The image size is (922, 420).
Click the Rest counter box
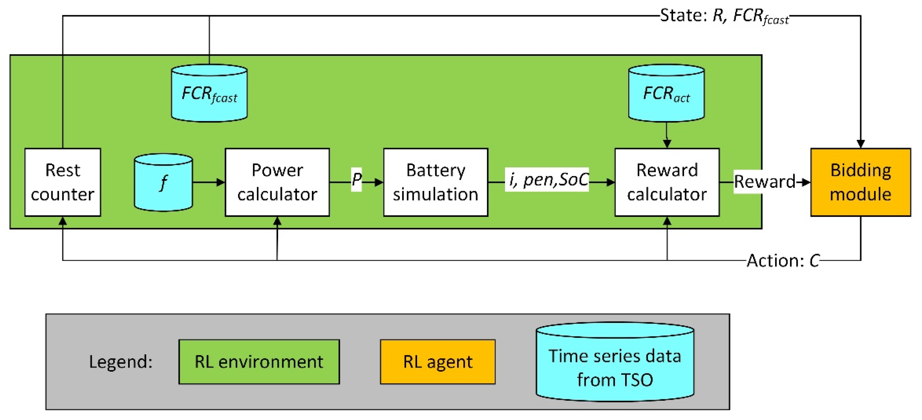(x=63, y=182)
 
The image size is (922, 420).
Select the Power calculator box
(x=277, y=182)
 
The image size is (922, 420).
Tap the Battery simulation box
(x=435, y=182)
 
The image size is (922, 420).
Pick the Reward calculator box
(x=667, y=182)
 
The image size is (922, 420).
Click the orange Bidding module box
(x=860, y=182)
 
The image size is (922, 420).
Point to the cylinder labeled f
(x=163, y=182)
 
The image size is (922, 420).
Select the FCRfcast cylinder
(x=209, y=94)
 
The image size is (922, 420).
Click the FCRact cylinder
(x=666, y=94)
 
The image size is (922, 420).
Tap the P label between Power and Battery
(x=357, y=179)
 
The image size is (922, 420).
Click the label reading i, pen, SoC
(x=547, y=179)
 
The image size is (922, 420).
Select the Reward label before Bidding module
(x=765, y=181)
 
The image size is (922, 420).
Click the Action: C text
(x=783, y=260)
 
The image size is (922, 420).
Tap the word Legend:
(x=121, y=362)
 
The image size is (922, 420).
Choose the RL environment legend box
(x=259, y=362)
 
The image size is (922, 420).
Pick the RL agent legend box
(x=438, y=362)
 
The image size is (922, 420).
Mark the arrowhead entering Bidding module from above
(x=860, y=144)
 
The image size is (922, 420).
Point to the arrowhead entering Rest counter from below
(x=63, y=221)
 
